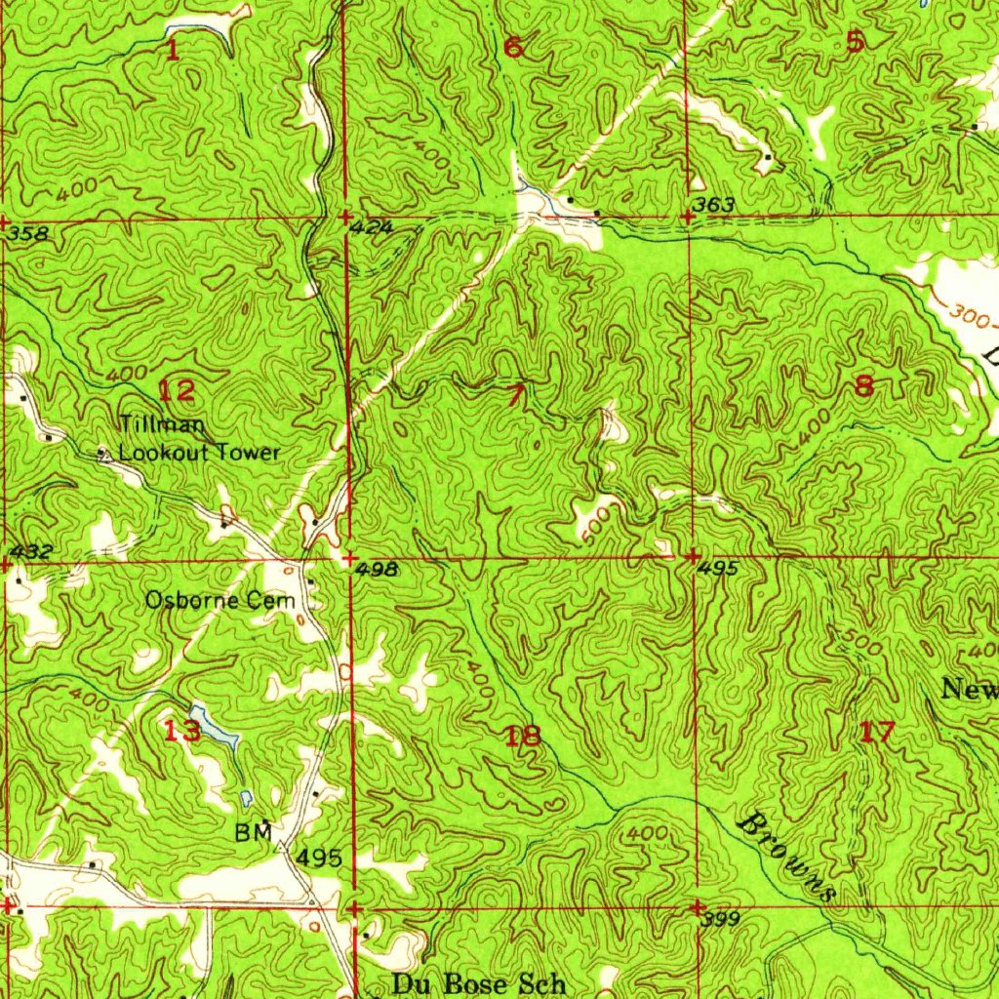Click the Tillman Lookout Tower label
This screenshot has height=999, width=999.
(199, 439)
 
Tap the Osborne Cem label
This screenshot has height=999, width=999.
(220, 601)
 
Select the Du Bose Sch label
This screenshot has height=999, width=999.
(478, 983)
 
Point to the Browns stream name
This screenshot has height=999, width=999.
(788, 856)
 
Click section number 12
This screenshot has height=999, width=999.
(177, 391)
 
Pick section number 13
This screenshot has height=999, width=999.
(182, 730)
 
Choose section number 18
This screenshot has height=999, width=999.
(523, 735)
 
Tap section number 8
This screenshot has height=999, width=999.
(863, 386)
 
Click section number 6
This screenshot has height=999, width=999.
(513, 46)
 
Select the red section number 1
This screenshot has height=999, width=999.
(172, 50)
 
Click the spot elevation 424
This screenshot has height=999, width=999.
(373, 228)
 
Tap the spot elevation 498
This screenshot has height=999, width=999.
(377, 570)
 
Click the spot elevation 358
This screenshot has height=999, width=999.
(25, 235)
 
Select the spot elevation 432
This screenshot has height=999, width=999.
(29, 552)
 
